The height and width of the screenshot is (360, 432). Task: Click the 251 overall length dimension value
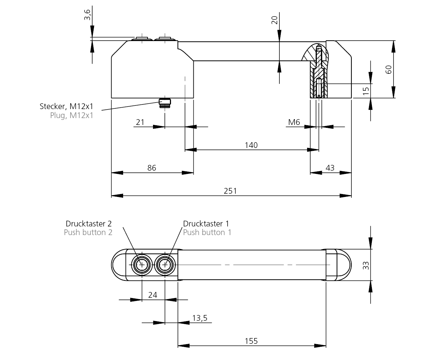[230, 191]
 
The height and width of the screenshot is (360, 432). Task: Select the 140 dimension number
[251, 145]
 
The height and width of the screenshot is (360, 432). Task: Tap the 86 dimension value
[152, 168]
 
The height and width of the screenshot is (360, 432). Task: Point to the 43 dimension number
[330, 168]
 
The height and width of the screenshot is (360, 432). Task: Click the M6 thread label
[294, 122]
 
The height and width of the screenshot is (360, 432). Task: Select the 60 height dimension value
[389, 69]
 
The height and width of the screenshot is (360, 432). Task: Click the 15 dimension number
[366, 91]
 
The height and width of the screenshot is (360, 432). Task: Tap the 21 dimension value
[140, 122]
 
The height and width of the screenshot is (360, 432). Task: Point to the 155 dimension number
[251, 341]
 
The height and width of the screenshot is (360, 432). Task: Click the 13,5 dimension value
[201, 318]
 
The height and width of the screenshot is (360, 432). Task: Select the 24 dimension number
[153, 295]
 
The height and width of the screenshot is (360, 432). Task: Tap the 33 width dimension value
[366, 265]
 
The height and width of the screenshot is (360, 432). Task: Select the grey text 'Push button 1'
[207, 232]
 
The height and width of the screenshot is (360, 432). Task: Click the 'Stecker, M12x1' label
[66, 107]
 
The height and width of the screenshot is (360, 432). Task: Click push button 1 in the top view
[165, 265]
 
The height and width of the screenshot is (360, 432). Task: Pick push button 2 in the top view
[142, 265]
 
